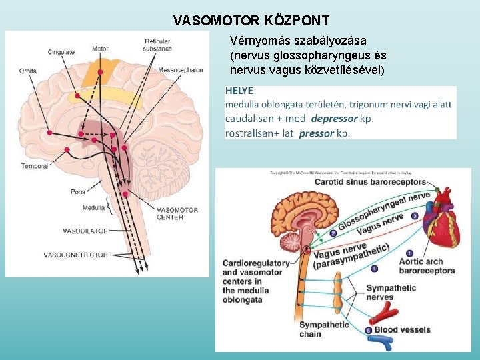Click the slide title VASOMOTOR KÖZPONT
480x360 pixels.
pyautogui.click(x=251, y=21)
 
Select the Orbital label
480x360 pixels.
pyautogui.click(x=28, y=70)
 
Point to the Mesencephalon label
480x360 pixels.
pyautogui.click(x=181, y=70)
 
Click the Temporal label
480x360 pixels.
pyautogui.click(x=35, y=166)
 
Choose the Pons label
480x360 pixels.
pyautogui.click(x=78, y=192)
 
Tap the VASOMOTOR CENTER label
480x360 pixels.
pyautogui.click(x=177, y=213)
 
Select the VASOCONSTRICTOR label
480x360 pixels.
pyautogui.click(x=75, y=255)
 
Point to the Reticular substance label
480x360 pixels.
pyautogui.click(x=158, y=45)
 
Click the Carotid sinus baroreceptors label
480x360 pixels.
pyautogui.click(x=370, y=181)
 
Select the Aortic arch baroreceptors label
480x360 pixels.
pyautogui.click(x=427, y=266)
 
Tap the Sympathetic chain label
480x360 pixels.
pyautogui.click(x=324, y=329)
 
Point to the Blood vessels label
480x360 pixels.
pyautogui.click(x=402, y=329)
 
